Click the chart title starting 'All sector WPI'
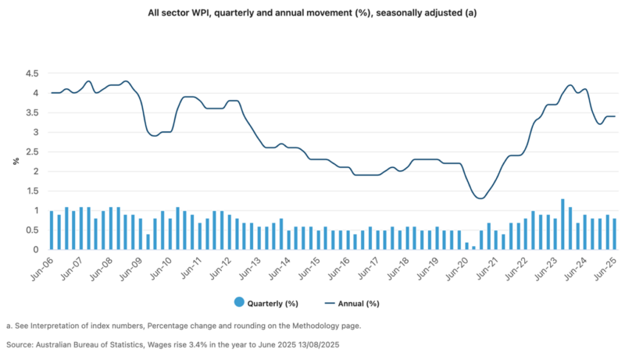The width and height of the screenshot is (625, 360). tap(312, 14)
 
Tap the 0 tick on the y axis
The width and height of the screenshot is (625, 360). tap(36, 250)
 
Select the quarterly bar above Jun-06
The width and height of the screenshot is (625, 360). tap(52, 230)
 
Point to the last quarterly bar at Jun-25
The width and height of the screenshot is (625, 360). tap(614, 234)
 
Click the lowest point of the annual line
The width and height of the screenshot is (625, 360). tap(480, 198)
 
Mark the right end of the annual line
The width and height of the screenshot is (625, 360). tap(614, 116)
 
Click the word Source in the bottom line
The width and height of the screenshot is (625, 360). tap(20, 344)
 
